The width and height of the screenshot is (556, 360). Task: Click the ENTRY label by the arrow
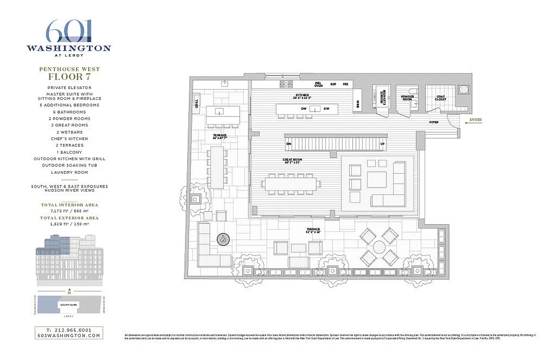click(x=475, y=120)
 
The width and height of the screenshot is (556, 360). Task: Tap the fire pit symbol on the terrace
click(x=224, y=239)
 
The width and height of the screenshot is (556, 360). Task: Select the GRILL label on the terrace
click(x=197, y=103)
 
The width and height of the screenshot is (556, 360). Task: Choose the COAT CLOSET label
click(x=440, y=98)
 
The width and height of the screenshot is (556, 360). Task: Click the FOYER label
click(x=434, y=122)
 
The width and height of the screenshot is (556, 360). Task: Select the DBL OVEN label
click(x=318, y=84)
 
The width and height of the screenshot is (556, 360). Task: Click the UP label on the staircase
click(x=382, y=144)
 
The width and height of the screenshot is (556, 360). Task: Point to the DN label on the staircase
click(x=289, y=144)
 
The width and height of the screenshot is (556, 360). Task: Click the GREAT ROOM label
click(x=292, y=161)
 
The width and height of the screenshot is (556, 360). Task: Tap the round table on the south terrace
click(x=379, y=247)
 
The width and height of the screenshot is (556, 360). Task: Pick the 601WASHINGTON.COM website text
click(x=69, y=335)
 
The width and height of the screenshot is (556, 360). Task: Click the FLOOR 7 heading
click(x=69, y=76)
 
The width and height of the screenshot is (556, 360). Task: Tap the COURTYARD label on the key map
click(x=69, y=305)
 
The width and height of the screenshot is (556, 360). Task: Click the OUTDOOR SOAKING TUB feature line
click(x=69, y=165)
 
